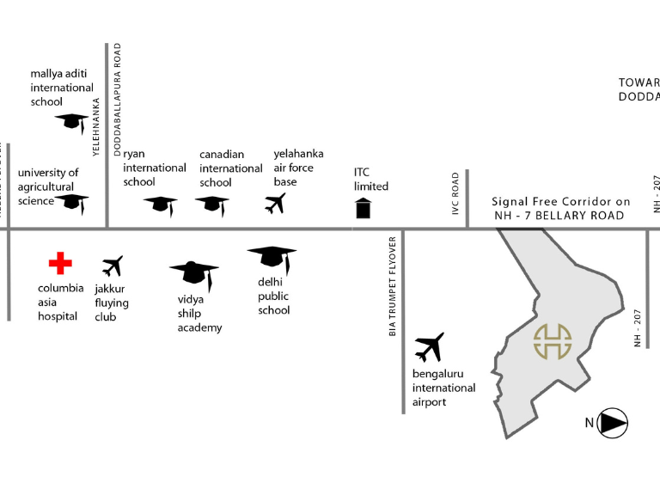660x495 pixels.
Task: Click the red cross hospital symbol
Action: tap(60, 263)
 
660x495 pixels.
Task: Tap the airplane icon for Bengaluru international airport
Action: tap(429, 347)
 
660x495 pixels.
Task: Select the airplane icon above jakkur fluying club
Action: tap(112, 266)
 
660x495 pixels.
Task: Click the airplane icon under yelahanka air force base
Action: tap(275, 204)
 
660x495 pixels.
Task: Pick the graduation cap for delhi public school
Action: tap(272, 256)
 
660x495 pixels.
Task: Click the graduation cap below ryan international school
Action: tap(160, 205)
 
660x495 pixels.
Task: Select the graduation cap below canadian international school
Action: tap(211, 205)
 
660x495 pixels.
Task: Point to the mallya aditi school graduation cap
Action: tap(70, 122)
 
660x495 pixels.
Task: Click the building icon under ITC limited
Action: tap(363, 208)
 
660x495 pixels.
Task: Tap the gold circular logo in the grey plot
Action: tap(553, 341)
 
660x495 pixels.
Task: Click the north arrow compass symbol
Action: tap(611, 423)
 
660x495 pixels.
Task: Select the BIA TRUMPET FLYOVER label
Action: tap(393, 285)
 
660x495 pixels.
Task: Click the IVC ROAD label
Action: tap(456, 193)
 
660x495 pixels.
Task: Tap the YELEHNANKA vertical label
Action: tap(96, 125)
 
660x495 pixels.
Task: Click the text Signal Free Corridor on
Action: tap(560, 202)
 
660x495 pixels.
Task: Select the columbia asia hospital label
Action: tap(61, 302)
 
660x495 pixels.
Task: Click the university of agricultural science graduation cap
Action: tap(73, 203)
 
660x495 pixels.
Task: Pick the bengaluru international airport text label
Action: tap(443, 388)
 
